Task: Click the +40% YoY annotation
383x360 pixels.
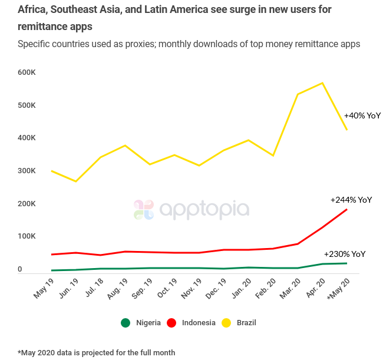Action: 362,115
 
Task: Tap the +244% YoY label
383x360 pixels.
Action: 351,200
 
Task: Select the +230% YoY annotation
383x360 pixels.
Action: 345,254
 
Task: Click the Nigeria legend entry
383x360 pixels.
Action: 142,322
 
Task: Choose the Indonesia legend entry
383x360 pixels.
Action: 192,322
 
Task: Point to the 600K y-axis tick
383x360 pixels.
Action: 27,72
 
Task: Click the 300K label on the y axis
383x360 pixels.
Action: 27,171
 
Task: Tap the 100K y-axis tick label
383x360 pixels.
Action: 27,236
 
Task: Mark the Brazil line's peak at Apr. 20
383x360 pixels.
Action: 322,83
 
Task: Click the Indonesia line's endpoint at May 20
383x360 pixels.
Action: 346,209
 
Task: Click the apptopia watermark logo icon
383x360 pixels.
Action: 144,210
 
